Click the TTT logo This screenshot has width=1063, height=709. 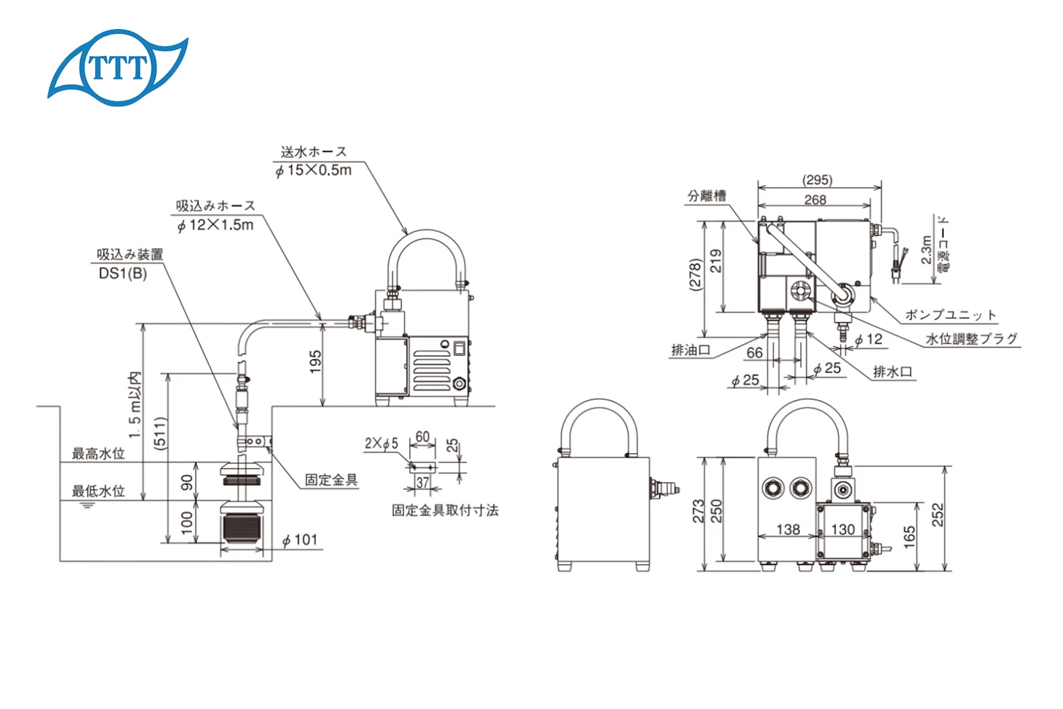tap(118, 67)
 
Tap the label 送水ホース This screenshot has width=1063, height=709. tap(314, 152)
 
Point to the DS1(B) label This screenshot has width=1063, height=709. tap(123, 274)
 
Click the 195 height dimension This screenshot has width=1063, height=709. tap(315, 361)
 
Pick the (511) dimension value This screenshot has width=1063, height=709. tap(161, 432)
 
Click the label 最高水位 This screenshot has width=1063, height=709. tap(99, 454)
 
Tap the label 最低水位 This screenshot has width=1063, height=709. tap(99, 491)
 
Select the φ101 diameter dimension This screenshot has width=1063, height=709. tap(300, 540)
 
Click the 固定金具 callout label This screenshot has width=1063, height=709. tap(332, 480)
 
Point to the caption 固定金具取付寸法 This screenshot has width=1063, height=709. tap(445, 510)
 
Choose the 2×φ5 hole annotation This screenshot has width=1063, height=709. tap(381, 444)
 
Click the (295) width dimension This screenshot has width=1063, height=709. tap(817, 180)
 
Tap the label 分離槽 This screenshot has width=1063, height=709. tap(707, 196)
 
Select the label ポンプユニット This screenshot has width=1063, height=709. tap(950, 315)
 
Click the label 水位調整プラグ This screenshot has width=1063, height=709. tap(972, 339)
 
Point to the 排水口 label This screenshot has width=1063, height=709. tap(893, 372)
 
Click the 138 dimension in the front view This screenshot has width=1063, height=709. tap(788, 529)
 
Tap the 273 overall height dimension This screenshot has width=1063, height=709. tap(698, 512)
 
